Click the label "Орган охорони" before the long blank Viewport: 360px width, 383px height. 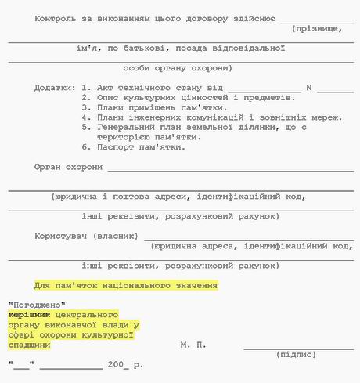[69, 167]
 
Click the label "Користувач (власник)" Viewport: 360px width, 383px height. [86, 236]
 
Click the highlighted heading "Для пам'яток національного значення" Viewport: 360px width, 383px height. [126, 286]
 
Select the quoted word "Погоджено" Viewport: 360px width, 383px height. [37, 304]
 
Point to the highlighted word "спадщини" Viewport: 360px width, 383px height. [29, 344]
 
